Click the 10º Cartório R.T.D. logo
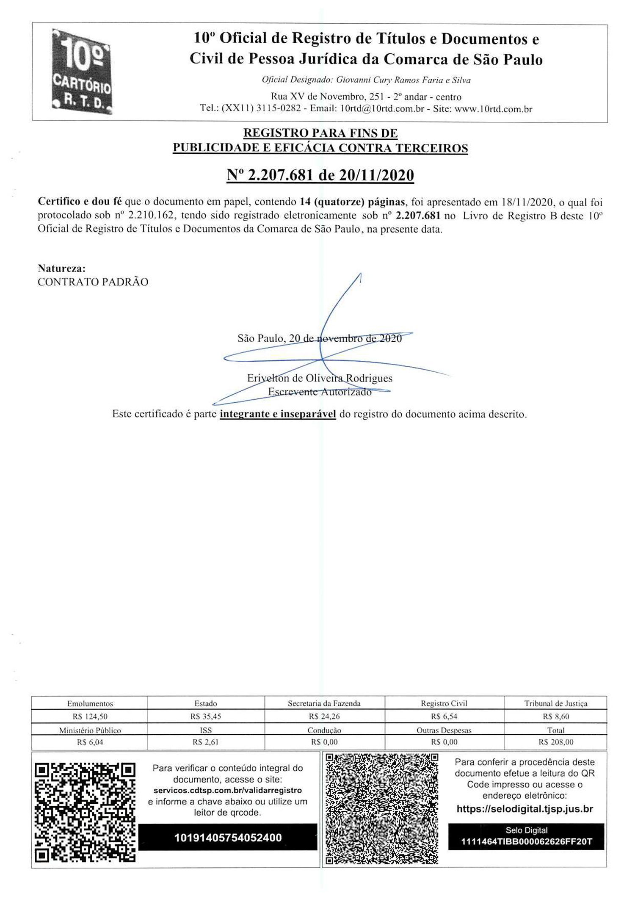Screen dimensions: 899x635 82,71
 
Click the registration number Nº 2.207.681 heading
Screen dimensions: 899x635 320,175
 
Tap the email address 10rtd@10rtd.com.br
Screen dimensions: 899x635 382,108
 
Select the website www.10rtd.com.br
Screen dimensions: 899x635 493,108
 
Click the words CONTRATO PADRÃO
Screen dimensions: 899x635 93,282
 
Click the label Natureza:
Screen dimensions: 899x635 62,268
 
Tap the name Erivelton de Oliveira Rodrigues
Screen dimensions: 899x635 320,378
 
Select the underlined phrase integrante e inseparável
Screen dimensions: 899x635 278,414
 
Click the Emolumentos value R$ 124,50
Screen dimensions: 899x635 90,716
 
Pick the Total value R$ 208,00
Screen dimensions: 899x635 556,742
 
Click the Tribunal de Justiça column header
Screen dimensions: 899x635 556,703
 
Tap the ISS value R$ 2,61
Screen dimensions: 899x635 206,742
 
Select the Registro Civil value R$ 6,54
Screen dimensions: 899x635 444,716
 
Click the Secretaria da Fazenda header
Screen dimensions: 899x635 324,703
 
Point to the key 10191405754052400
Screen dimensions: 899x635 228,837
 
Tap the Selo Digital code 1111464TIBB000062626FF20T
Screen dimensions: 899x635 527,841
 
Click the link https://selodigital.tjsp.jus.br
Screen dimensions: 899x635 525,809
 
